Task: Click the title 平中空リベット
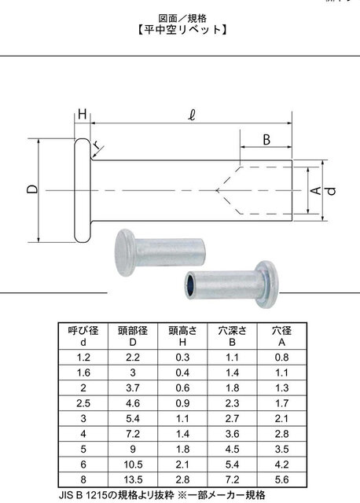[183, 30]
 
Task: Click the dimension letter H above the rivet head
[83, 114]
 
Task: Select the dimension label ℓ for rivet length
[192, 115]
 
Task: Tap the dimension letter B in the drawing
[266, 140]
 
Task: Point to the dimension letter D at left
[32, 190]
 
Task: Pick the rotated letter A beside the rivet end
[316, 190]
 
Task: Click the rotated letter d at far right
[332, 190]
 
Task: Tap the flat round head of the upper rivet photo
[124, 252]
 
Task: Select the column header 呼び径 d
[83, 336]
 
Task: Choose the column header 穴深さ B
[232, 336]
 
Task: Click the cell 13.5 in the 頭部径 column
[133, 479]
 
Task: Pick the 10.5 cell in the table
[133, 464]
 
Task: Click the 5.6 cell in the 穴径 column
[281, 479]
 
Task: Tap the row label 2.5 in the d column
[83, 403]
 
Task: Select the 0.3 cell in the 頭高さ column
[182, 358]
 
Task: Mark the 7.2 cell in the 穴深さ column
[232, 479]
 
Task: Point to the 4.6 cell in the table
[133, 403]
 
